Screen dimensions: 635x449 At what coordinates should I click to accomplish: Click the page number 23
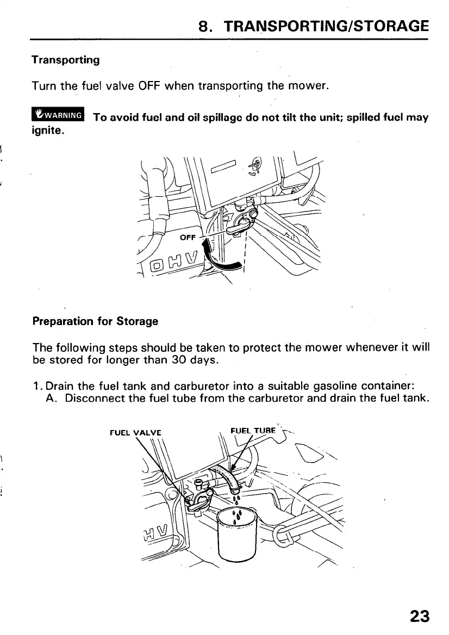(x=419, y=615)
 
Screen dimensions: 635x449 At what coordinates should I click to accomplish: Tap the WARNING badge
(x=57, y=115)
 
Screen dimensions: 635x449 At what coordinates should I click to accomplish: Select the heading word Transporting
(x=65, y=60)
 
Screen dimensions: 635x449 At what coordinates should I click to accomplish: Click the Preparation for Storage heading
(x=95, y=321)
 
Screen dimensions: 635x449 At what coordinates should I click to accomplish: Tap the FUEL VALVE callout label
(x=135, y=433)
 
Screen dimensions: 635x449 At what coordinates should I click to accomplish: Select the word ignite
(x=47, y=130)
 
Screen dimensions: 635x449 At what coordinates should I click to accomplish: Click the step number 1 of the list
(x=36, y=387)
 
